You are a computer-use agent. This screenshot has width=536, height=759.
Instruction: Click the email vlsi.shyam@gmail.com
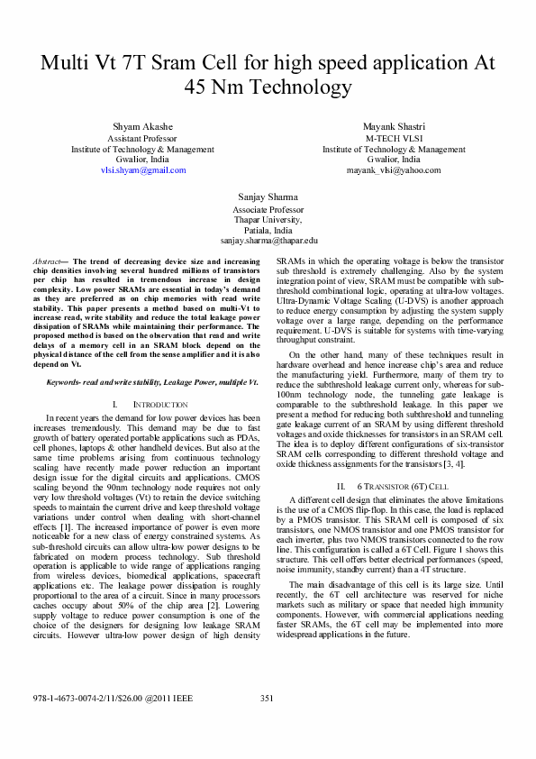pos(142,169)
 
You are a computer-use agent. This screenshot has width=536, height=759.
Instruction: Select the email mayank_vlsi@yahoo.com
pos(394,169)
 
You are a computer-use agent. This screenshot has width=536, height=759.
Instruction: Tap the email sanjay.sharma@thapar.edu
pos(268,241)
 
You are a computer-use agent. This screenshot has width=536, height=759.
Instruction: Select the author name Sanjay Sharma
pos(268,196)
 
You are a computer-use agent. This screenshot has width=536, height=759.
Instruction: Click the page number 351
pos(267,724)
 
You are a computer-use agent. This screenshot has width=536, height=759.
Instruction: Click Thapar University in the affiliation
pos(268,219)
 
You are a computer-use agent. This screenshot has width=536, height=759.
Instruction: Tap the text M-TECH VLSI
pos(394,139)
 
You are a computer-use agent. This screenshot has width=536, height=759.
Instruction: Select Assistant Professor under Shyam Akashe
pos(142,139)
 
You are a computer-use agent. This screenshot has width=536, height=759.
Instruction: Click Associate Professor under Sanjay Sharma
pos(268,208)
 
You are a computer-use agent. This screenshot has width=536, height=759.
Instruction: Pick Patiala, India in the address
pos(268,230)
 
